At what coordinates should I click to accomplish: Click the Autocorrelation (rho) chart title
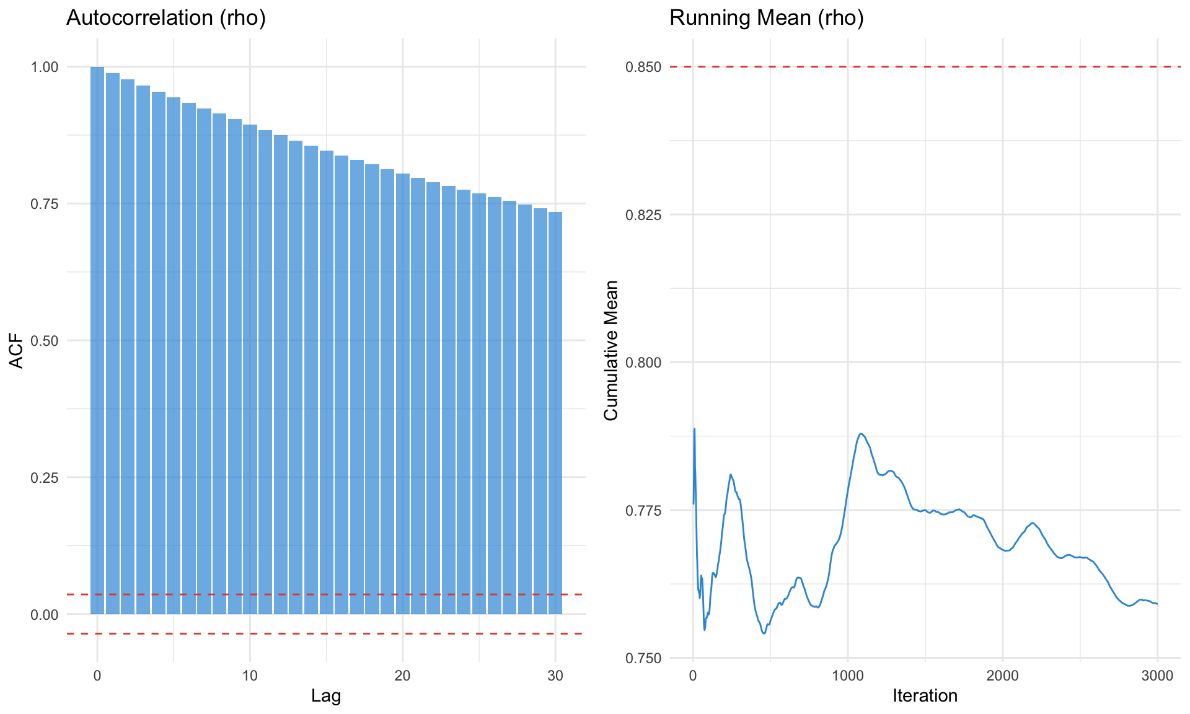click(x=165, y=18)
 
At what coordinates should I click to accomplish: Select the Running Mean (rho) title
click(x=766, y=18)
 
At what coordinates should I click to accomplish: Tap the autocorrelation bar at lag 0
click(x=97, y=340)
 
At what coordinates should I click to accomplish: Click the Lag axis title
click(x=326, y=696)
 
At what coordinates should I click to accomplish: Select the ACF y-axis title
click(x=17, y=351)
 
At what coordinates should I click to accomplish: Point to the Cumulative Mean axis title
click(x=611, y=350)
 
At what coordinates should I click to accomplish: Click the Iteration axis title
click(x=925, y=696)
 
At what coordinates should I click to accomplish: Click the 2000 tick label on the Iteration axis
click(x=1002, y=676)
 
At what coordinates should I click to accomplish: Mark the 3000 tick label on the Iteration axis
click(x=1157, y=676)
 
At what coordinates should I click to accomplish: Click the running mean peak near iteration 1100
click(x=861, y=434)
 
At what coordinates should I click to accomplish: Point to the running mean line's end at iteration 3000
click(x=1157, y=604)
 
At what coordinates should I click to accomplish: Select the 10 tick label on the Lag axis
click(x=250, y=676)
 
